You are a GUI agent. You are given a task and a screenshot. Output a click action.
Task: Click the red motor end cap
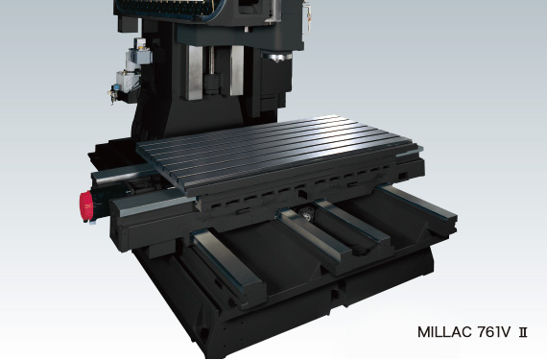86,206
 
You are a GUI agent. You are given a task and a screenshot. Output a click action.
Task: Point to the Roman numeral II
523,332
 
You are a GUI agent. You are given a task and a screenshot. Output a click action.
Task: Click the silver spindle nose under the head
277,57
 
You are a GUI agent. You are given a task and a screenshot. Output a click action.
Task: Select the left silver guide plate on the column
194,73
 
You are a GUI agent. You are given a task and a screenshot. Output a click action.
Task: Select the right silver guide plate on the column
237,71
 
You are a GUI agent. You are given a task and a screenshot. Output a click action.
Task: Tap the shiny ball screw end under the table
307,214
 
